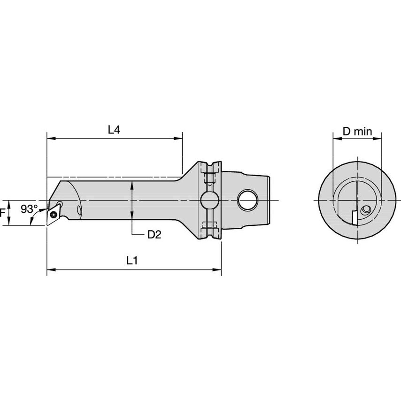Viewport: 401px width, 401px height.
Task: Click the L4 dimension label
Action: coord(114,130)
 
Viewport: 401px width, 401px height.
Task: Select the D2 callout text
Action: coord(154,235)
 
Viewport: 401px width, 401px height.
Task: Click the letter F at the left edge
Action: coord(3,213)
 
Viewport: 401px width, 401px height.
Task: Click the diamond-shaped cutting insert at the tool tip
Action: coord(55,212)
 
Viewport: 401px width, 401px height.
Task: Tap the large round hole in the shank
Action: coord(247,200)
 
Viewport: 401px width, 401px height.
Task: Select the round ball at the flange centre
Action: coord(208,200)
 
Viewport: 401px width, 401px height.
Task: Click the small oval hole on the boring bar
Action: coord(78,210)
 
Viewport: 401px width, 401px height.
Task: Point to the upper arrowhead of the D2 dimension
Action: coord(133,184)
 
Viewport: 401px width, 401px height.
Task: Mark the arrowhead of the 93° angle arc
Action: coord(31,223)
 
